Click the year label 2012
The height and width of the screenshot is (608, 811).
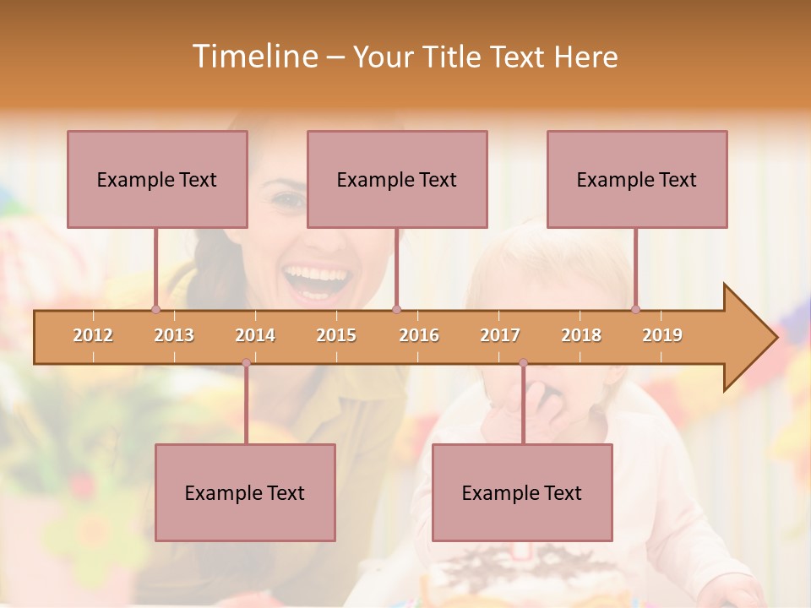[x=93, y=335]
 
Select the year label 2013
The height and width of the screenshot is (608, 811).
[x=174, y=335]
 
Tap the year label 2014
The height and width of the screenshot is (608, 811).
[x=255, y=335]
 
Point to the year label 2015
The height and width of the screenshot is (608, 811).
[x=336, y=335]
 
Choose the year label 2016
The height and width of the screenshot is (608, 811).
[x=419, y=335]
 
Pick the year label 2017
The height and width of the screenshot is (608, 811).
[x=500, y=335]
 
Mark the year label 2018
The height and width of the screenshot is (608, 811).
[x=581, y=335]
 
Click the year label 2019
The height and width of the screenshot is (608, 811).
[x=662, y=335]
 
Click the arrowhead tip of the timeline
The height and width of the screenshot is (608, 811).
[x=775, y=338]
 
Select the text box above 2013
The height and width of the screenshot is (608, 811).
[x=157, y=179]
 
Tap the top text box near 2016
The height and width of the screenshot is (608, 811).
[x=397, y=179]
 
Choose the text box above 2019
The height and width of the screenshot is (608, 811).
[x=637, y=179]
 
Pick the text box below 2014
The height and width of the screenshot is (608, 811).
[x=245, y=492]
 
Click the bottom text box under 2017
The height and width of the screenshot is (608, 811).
[x=522, y=492]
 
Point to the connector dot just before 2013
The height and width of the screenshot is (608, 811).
[x=155, y=309]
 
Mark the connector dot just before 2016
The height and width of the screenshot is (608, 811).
[x=396, y=309]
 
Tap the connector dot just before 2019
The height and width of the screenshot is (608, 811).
[x=635, y=309]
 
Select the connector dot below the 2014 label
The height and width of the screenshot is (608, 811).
[x=246, y=363]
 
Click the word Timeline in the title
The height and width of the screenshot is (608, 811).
[x=253, y=57]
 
